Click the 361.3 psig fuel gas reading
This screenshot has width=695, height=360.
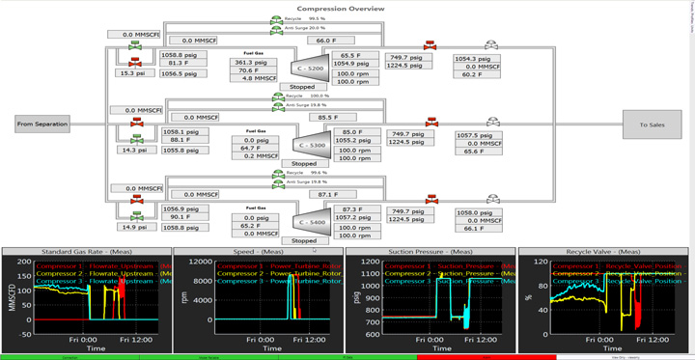pyautogui.click(x=254, y=62)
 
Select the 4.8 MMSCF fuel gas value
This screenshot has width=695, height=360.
pyautogui.click(x=254, y=78)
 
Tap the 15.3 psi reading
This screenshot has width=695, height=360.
pyautogui.click(x=131, y=73)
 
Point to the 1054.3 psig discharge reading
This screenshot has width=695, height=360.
pyautogui.click(x=480, y=58)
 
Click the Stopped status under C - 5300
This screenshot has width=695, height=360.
pyautogui.click(x=302, y=164)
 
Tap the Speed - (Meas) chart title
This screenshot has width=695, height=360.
pyautogui.click(x=257, y=252)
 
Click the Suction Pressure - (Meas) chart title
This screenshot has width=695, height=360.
pyautogui.click(x=430, y=252)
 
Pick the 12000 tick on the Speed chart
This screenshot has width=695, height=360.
pyautogui.click(x=201, y=262)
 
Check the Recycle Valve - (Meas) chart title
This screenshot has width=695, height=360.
pyautogui.click(x=602, y=252)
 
